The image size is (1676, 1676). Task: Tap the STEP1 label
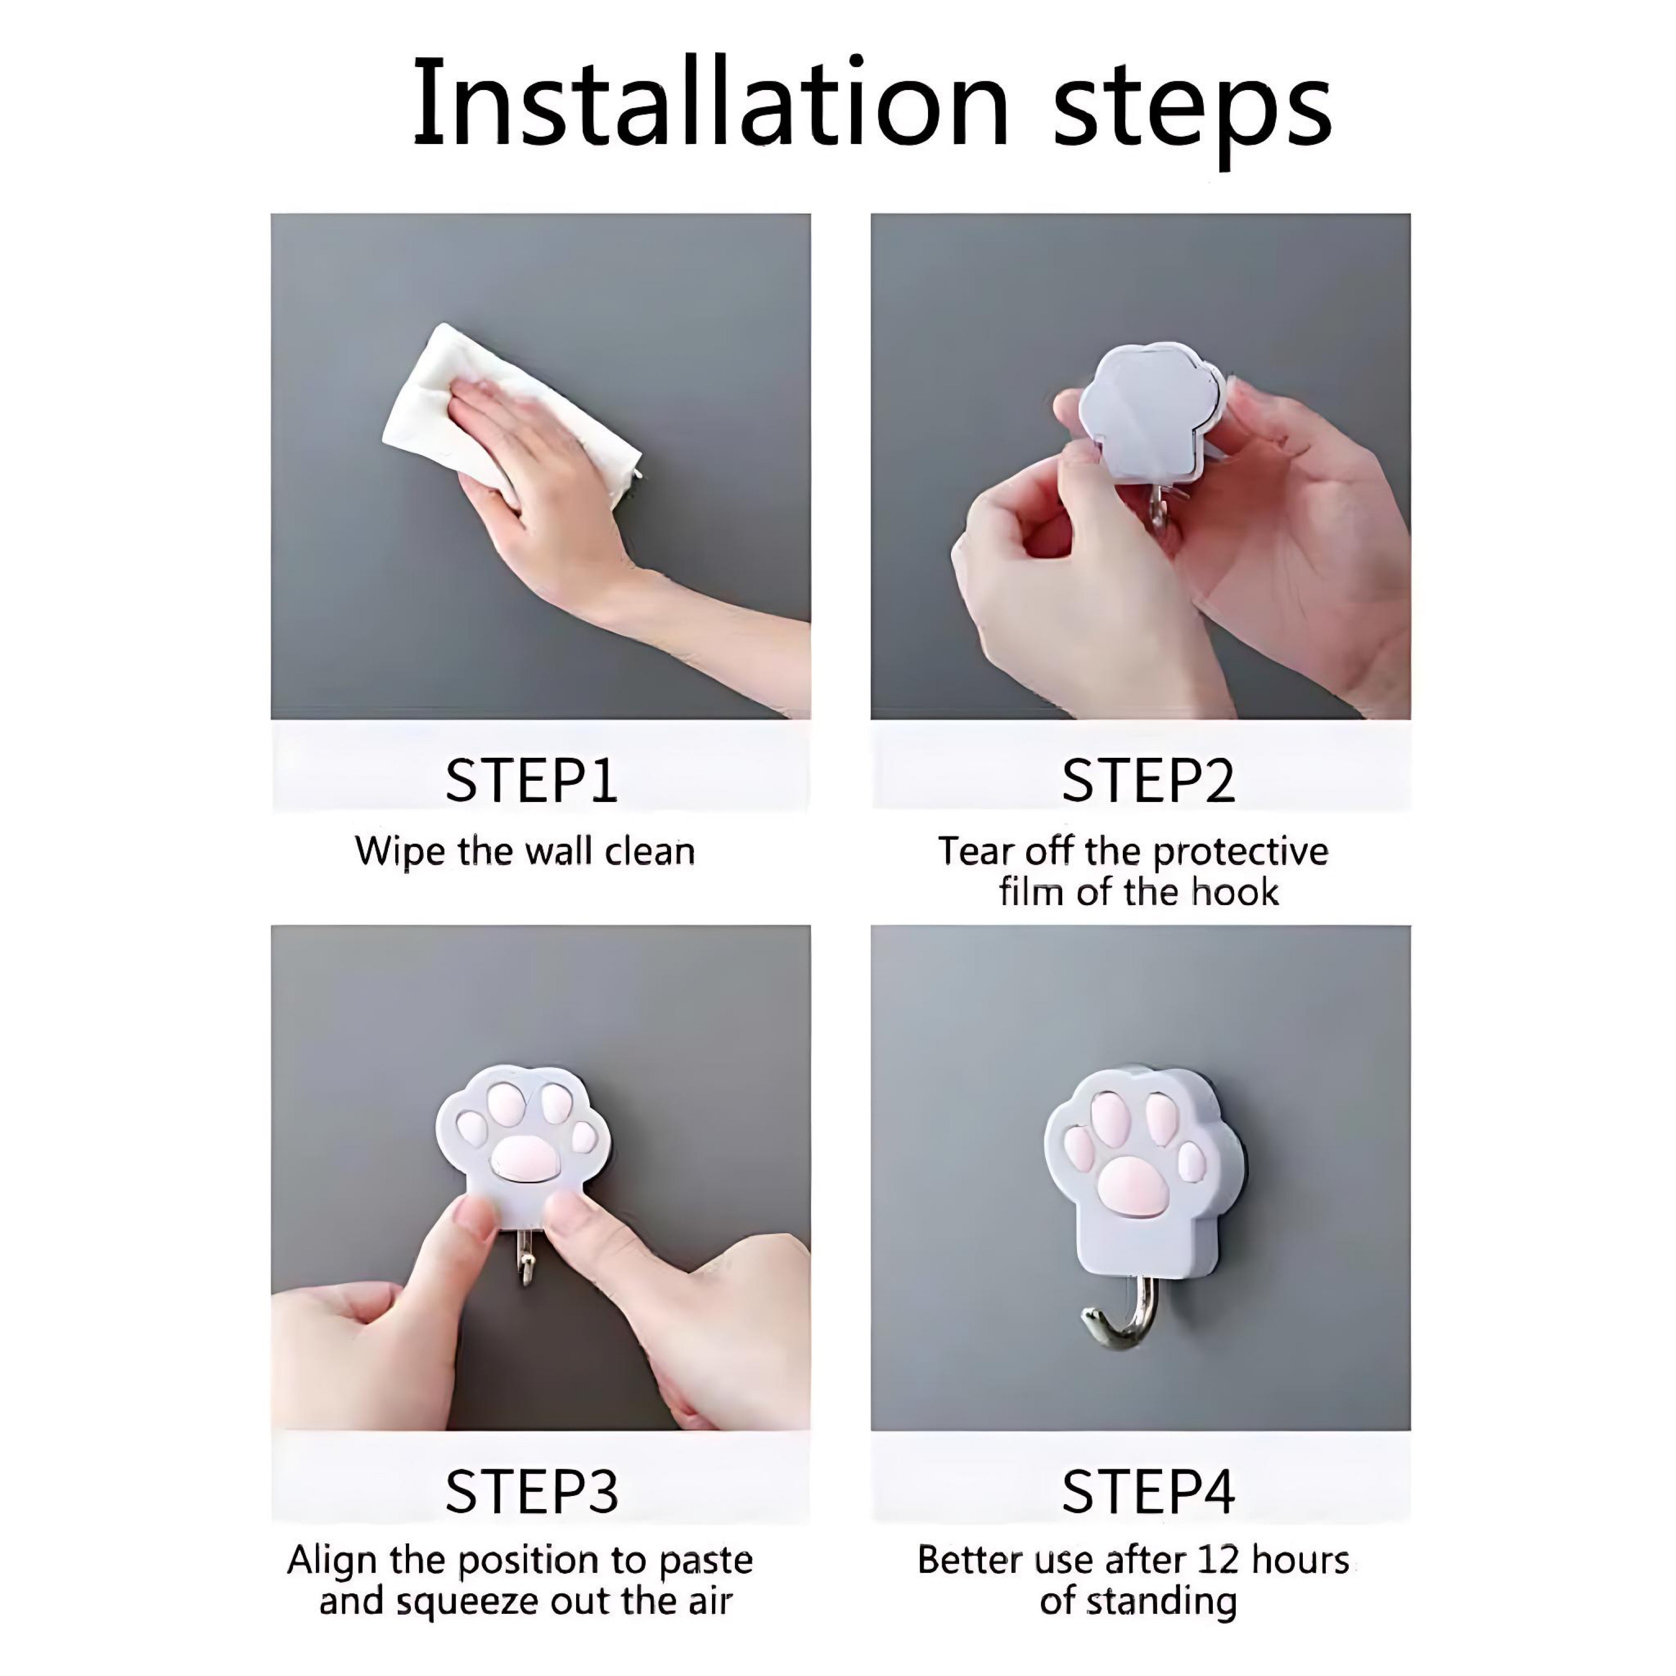point(532,781)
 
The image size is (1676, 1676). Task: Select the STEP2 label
point(1148,781)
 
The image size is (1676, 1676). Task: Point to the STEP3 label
point(532,1491)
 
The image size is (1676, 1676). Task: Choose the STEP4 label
point(1148,1491)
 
